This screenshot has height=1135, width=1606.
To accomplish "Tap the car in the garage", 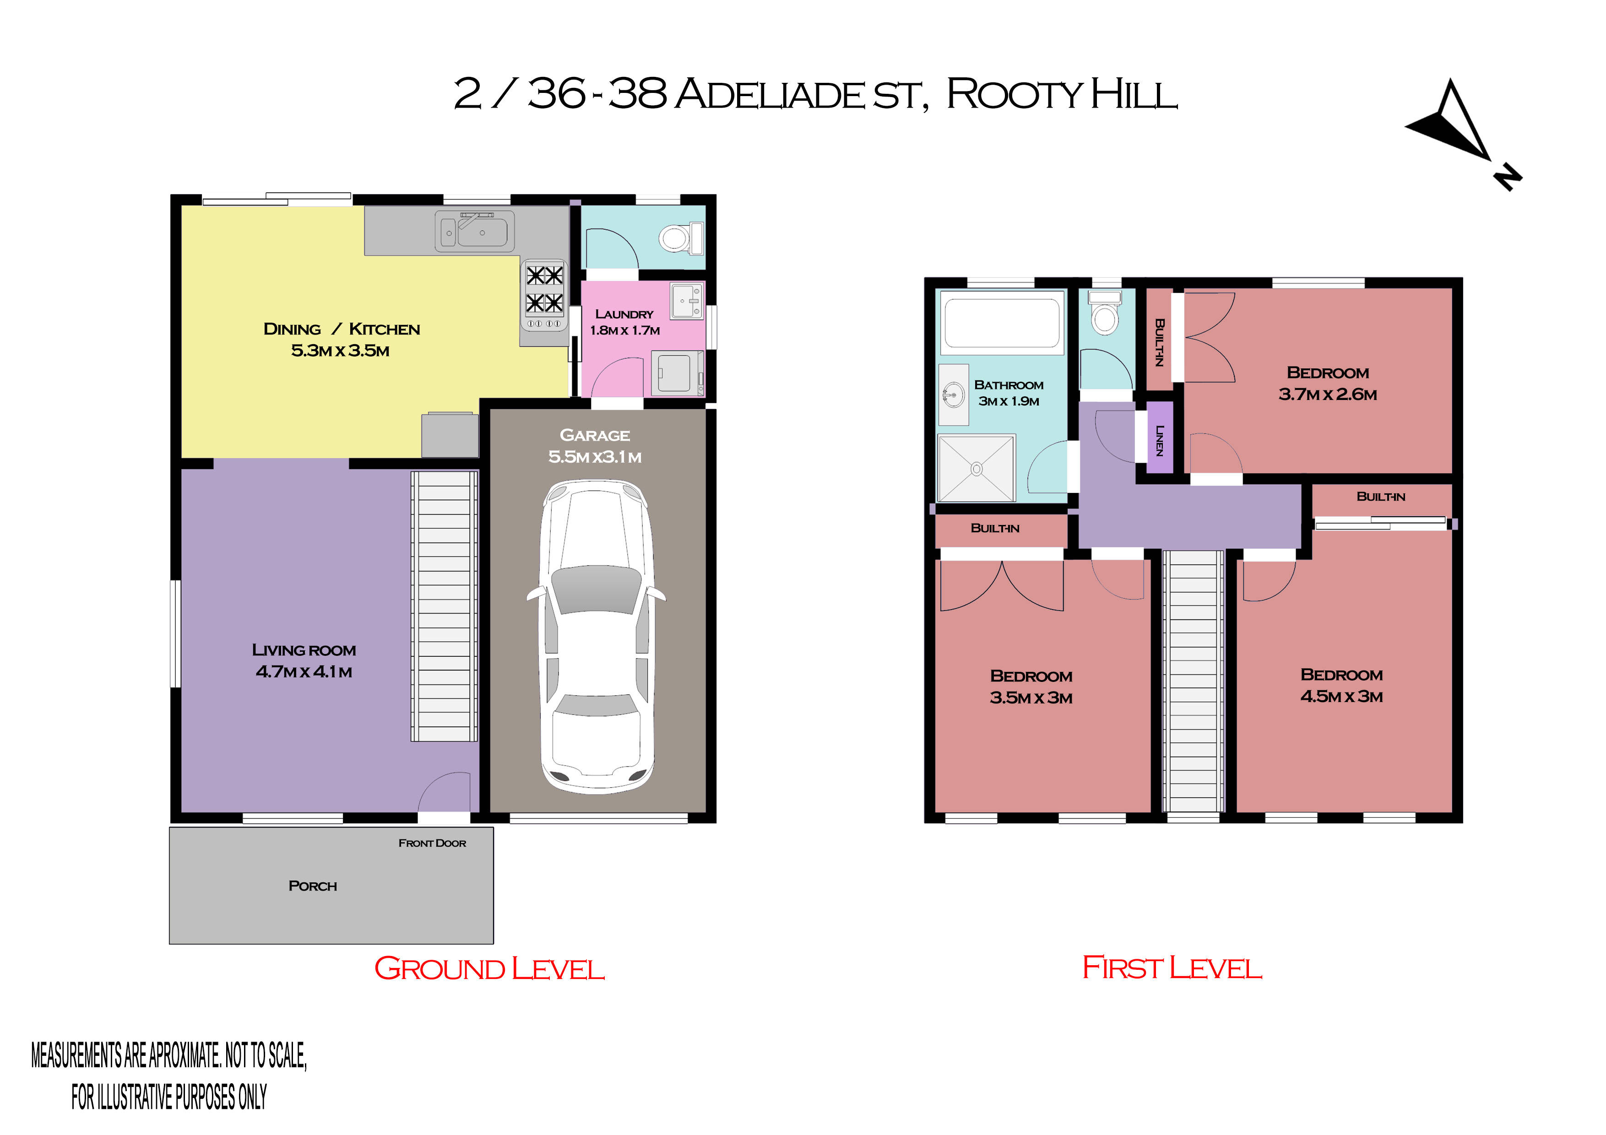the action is click(596, 637).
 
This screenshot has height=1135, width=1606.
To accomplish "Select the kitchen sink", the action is click(475, 231).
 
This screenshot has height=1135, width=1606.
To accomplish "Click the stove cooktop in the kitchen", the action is click(544, 295).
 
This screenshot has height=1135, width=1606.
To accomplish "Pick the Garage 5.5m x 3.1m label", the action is click(595, 445).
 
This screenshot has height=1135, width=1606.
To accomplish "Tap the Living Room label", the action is click(304, 650).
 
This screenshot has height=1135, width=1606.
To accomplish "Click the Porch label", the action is click(313, 886).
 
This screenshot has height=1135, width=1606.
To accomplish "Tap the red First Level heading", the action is click(1172, 968).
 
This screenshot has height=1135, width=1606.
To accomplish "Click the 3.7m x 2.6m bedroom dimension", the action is click(1328, 395).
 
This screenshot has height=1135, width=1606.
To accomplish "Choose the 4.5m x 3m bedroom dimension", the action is click(1341, 697).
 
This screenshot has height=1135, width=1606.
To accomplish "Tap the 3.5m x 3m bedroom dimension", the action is click(1031, 698).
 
